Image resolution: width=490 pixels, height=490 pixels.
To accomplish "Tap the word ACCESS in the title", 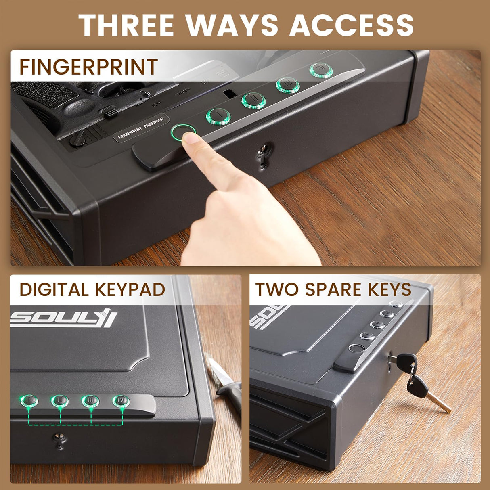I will click(352, 25).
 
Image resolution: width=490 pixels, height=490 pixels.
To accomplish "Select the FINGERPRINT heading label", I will click(88, 67).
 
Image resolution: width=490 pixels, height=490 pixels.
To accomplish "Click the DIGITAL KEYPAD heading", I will click(92, 290).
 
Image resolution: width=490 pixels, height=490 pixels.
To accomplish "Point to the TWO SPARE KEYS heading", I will click(333, 290).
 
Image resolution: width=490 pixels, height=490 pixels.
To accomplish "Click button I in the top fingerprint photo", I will click(218, 116).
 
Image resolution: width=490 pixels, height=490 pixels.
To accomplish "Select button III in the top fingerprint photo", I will click(288, 85).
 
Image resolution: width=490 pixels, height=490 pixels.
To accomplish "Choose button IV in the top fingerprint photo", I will click(321, 70).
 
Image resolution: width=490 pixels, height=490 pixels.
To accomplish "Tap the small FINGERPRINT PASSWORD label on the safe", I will click(141, 128).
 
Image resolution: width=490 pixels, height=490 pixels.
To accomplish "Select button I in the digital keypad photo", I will click(29, 401).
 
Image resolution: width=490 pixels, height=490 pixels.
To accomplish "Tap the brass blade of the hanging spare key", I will click(439, 402).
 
